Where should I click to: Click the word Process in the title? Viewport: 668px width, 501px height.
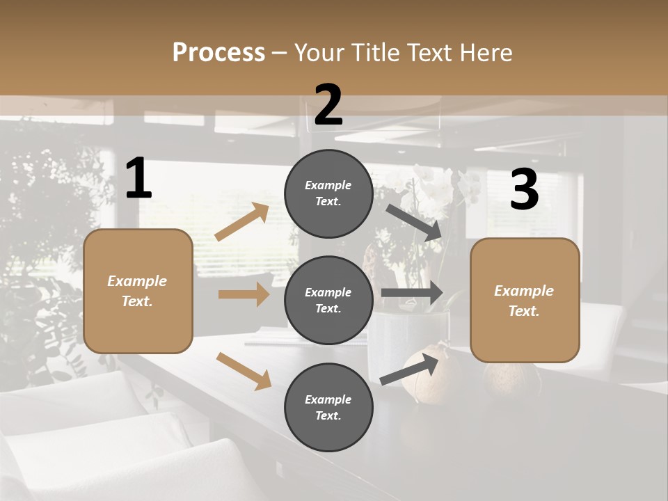(218, 52)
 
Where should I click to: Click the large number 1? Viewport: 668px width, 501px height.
(138, 179)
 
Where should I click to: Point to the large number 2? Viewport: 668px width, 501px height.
(328, 105)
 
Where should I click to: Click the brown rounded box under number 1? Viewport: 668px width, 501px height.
(138, 291)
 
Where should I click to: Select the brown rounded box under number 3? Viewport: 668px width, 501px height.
(525, 301)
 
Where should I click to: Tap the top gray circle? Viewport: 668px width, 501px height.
(328, 193)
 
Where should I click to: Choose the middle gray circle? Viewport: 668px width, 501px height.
(328, 301)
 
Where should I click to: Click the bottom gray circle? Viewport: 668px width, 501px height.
(328, 408)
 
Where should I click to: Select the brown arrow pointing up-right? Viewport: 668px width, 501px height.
(242, 222)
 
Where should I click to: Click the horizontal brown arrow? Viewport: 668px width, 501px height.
(244, 294)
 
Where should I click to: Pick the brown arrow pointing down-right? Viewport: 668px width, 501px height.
(244, 371)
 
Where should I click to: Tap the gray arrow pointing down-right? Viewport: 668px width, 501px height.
(414, 222)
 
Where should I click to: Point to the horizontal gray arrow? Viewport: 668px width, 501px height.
(412, 292)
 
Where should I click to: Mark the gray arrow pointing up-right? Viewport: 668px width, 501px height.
(410, 369)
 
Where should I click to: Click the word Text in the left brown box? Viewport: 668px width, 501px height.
(136, 301)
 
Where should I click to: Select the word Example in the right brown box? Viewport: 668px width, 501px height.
(524, 291)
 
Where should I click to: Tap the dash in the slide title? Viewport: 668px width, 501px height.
(280, 53)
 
